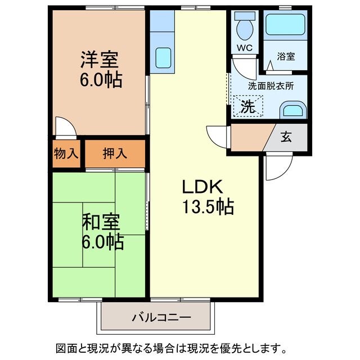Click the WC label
[244, 47]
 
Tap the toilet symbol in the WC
[244, 26]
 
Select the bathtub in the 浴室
[286, 26]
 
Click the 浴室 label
[286, 56]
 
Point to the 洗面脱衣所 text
[271, 86]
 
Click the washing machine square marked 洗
[247, 106]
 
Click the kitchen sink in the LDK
[163, 56]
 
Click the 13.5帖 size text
[207, 207]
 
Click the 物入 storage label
[66, 152]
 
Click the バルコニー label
[161, 318]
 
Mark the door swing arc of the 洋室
[65, 127]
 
